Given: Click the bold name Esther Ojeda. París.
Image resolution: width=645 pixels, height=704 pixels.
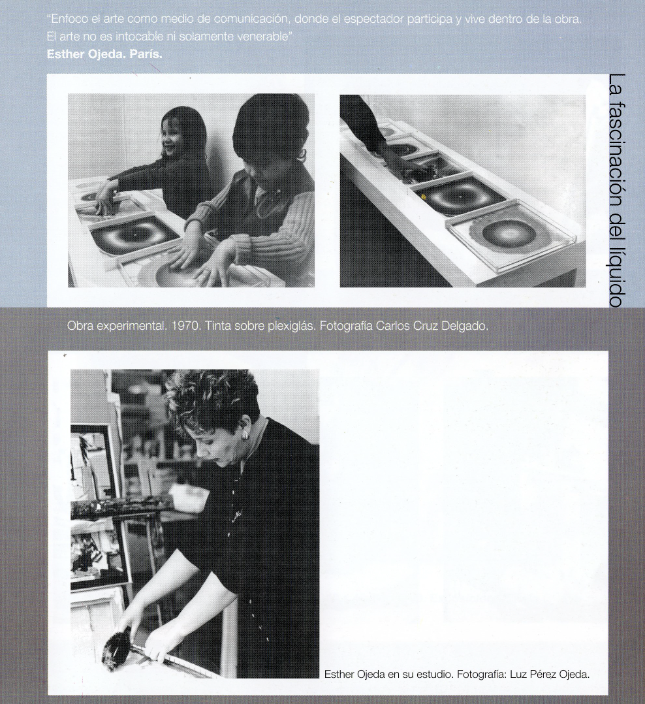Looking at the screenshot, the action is coord(104,54).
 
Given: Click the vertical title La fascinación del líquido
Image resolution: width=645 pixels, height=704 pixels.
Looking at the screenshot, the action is coord(618,191).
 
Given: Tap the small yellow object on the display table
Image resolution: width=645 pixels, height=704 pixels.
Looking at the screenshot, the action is coord(423,196).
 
